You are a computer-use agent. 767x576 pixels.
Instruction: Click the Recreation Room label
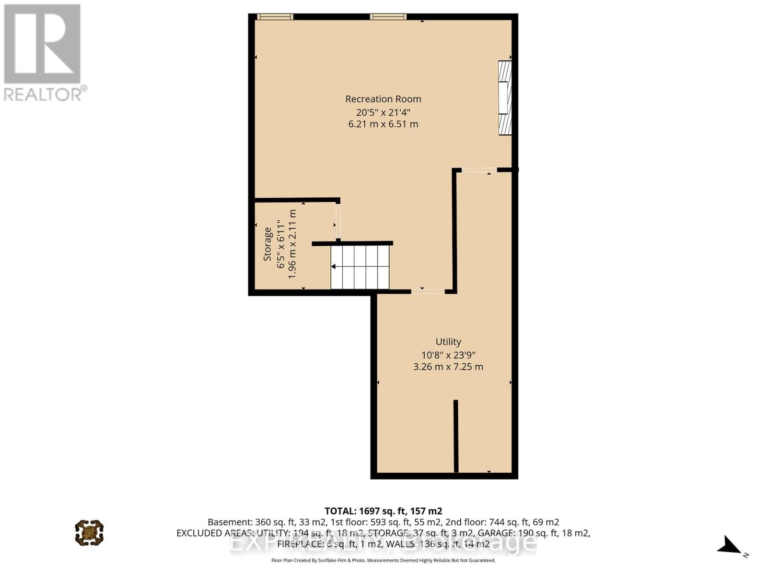383,99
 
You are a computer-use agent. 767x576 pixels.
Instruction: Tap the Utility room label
448,342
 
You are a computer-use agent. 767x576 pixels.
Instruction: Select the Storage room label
267,244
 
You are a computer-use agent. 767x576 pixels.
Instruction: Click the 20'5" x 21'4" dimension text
383,112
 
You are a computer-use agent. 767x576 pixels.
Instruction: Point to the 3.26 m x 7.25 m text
448,367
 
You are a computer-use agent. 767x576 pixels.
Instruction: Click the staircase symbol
360,267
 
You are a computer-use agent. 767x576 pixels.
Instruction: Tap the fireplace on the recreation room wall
505,97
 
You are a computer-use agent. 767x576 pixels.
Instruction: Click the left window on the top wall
275,17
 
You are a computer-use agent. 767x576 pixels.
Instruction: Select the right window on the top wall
388,17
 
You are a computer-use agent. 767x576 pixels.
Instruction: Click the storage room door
338,221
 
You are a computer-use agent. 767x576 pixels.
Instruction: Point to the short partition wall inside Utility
456,436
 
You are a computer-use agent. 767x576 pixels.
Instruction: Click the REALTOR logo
43,53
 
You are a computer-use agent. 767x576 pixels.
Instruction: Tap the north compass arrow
730,545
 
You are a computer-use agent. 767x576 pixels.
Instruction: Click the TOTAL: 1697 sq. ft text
383,511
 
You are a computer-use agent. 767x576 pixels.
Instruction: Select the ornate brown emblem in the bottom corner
89,532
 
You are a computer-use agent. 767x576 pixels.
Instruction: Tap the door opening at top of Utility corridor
479,169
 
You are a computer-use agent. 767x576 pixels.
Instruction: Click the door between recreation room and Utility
428,291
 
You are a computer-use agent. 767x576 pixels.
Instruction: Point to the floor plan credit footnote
383,560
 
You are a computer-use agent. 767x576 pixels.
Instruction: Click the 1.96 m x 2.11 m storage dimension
291,243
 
